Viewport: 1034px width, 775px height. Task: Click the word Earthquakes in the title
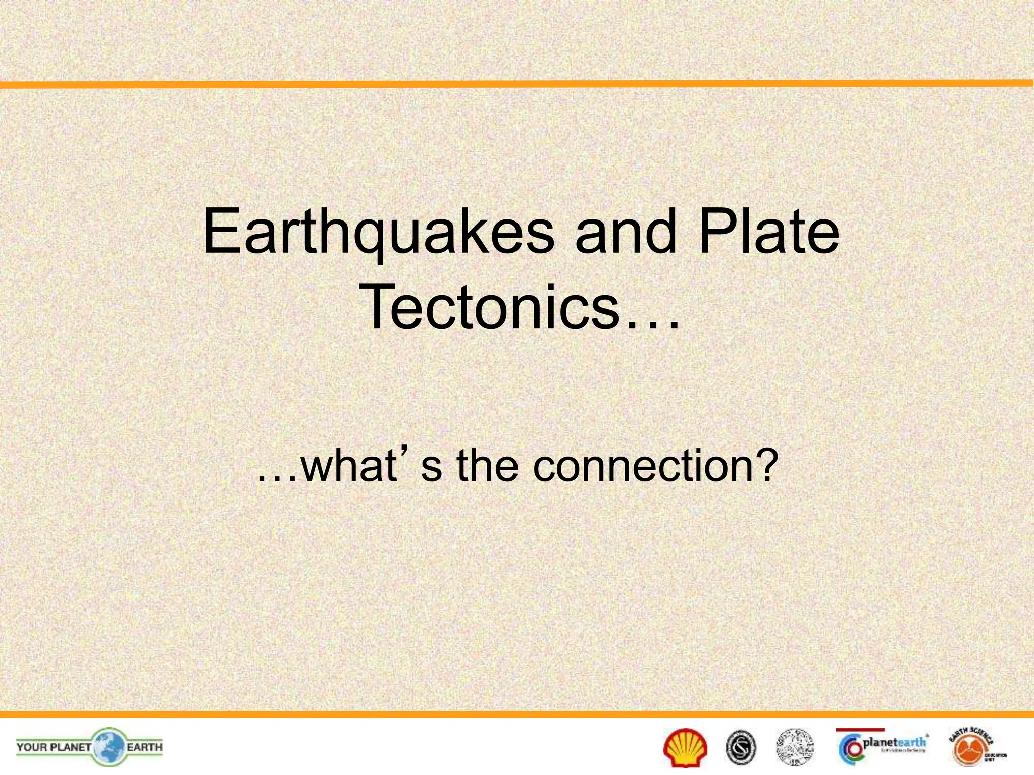[x=379, y=234]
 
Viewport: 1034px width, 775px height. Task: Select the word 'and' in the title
[x=626, y=233]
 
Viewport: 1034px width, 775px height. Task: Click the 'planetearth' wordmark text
[x=895, y=742]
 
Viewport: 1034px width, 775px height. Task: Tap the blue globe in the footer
[x=108, y=747]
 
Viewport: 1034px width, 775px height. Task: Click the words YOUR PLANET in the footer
[x=54, y=747]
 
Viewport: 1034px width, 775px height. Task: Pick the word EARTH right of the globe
[x=144, y=747]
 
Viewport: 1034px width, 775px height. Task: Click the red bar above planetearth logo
[x=860, y=730]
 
